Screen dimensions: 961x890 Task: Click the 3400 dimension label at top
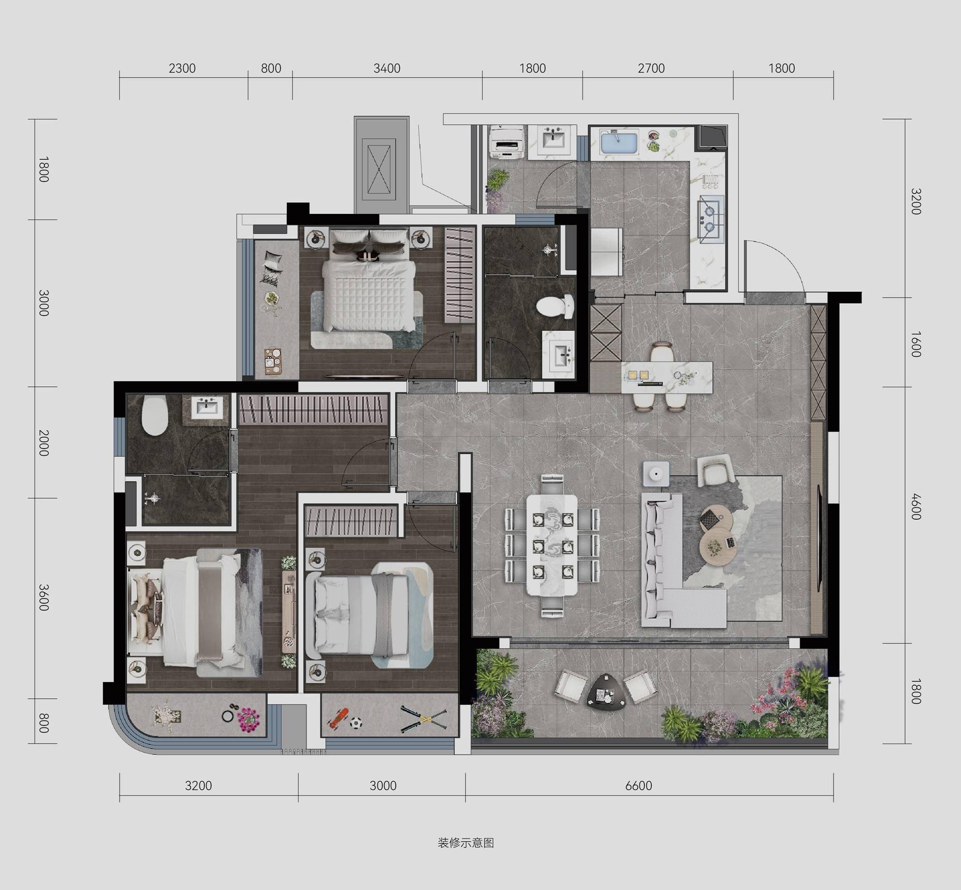[387, 69]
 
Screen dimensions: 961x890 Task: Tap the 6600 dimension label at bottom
[639, 786]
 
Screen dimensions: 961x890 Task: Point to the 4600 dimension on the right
[915, 507]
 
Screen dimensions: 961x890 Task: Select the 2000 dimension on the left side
[44, 442]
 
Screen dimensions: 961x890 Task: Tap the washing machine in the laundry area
[506, 142]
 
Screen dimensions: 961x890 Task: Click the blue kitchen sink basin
[619, 141]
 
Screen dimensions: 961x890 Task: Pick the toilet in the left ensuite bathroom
[155, 416]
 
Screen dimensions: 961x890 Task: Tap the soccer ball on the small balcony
[356, 723]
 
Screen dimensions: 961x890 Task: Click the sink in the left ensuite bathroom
[208, 407]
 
